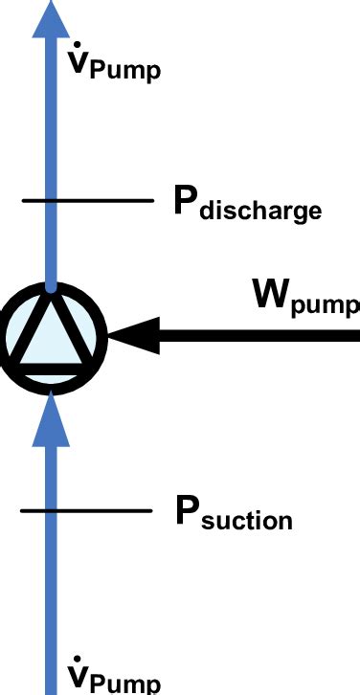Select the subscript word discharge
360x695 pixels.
click(260, 209)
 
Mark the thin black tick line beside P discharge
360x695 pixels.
click(87, 200)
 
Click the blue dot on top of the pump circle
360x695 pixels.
click(51, 285)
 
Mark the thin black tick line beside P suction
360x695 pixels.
click(86, 510)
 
